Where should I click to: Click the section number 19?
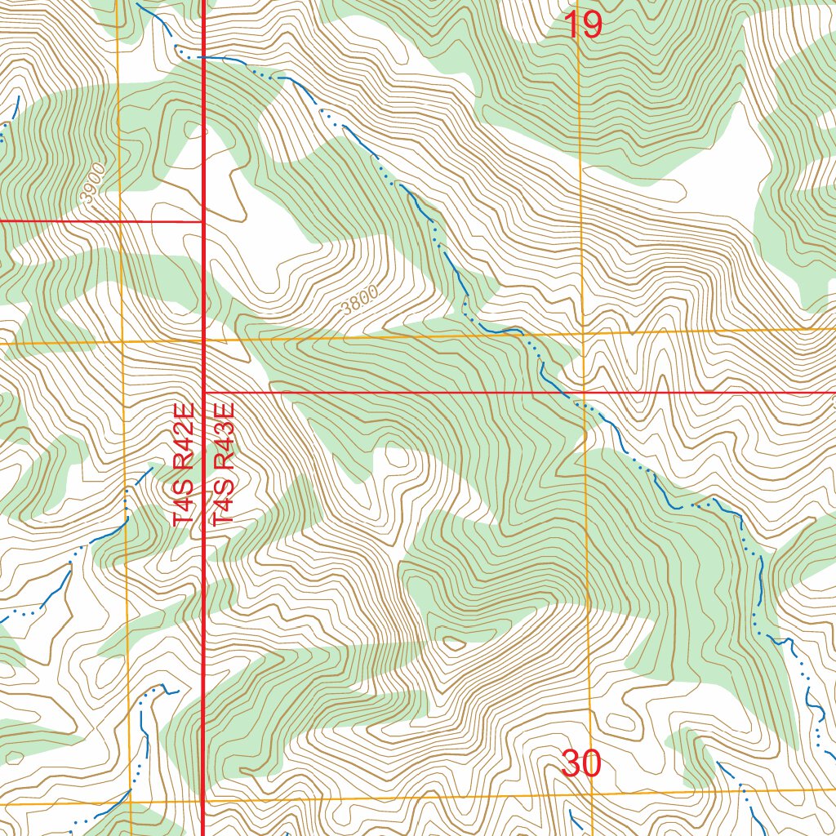(x=583, y=25)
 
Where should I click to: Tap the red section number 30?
(x=581, y=764)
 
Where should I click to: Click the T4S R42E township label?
(x=183, y=463)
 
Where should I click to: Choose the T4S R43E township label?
(x=223, y=463)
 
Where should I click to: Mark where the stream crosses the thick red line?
(x=202, y=58)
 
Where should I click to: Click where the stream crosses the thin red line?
(x=569, y=393)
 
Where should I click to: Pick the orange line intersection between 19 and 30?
(x=583, y=333)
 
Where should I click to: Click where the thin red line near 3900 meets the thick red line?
(x=202, y=221)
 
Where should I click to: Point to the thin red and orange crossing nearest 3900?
(x=120, y=221)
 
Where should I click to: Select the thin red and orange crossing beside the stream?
(x=584, y=393)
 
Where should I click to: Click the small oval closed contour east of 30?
(x=622, y=723)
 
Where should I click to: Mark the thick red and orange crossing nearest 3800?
(x=202, y=340)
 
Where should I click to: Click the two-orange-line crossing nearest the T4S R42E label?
(x=122, y=342)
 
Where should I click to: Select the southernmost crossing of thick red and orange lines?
(x=202, y=799)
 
